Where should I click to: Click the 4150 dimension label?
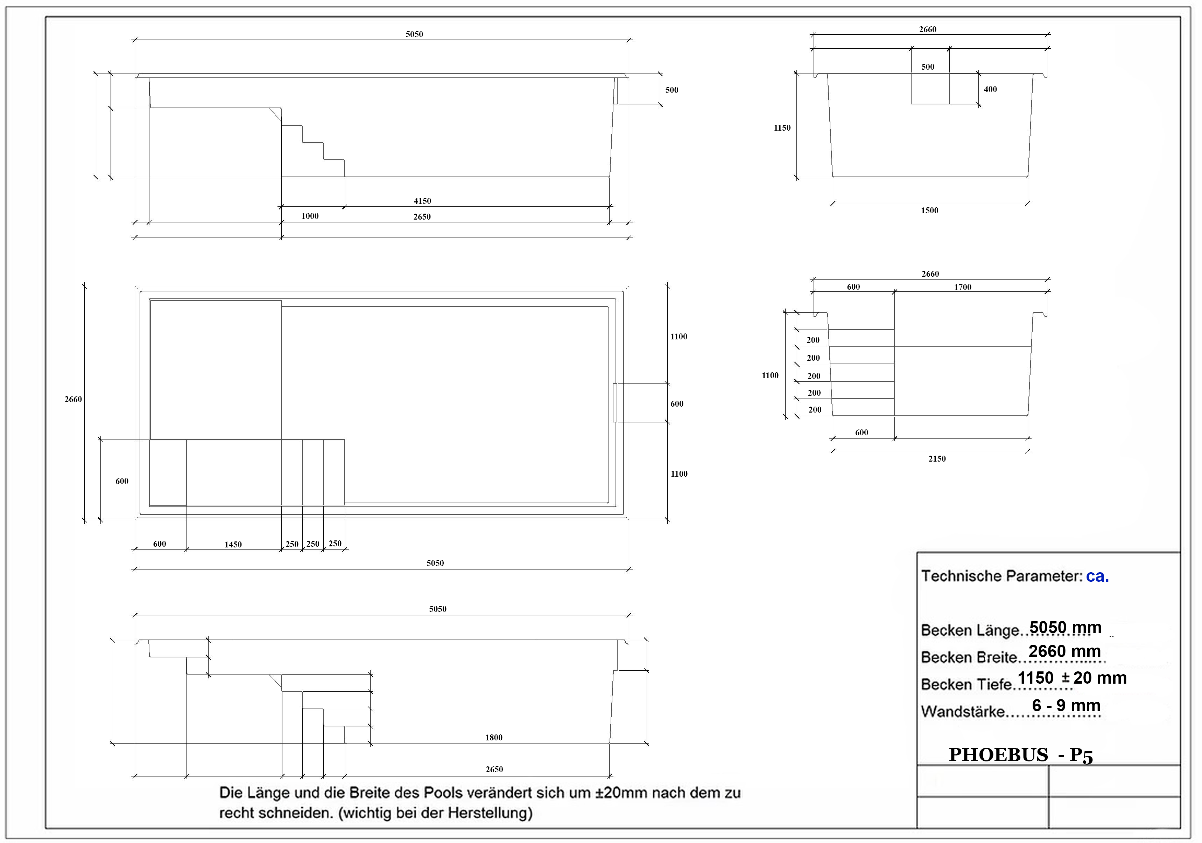pos(422,201)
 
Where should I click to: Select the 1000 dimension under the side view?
pos(310,216)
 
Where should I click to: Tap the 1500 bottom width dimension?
pos(930,210)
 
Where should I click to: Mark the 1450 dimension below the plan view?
pos(233,544)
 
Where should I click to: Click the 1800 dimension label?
pos(494,738)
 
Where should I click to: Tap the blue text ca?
pos(1097,577)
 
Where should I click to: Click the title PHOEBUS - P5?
pos(1021,755)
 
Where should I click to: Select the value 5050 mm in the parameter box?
pos(1066,627)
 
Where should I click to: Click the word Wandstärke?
pos(963,712)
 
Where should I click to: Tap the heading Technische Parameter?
pos(1002,576)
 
